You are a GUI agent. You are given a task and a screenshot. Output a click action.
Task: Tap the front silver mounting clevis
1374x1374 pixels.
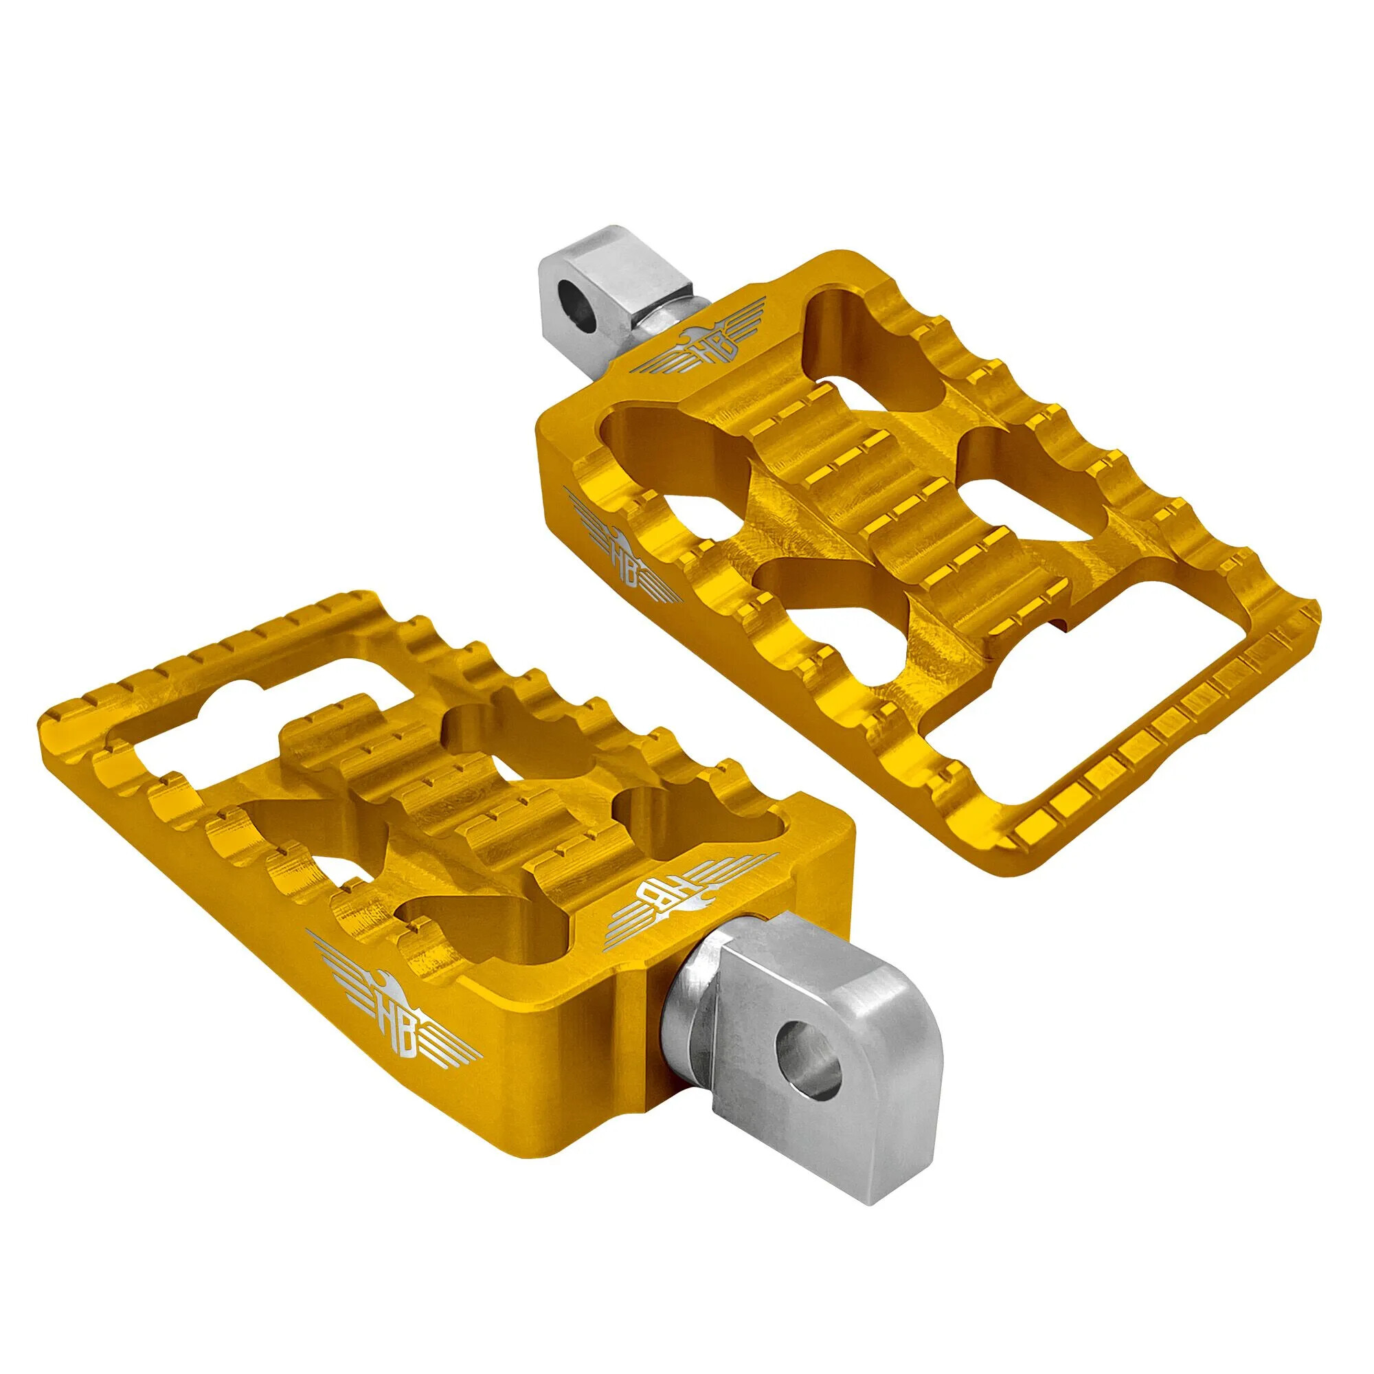click(x=818, y=1046)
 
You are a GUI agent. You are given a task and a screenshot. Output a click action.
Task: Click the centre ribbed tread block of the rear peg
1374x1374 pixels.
click(x=882, y=505)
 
